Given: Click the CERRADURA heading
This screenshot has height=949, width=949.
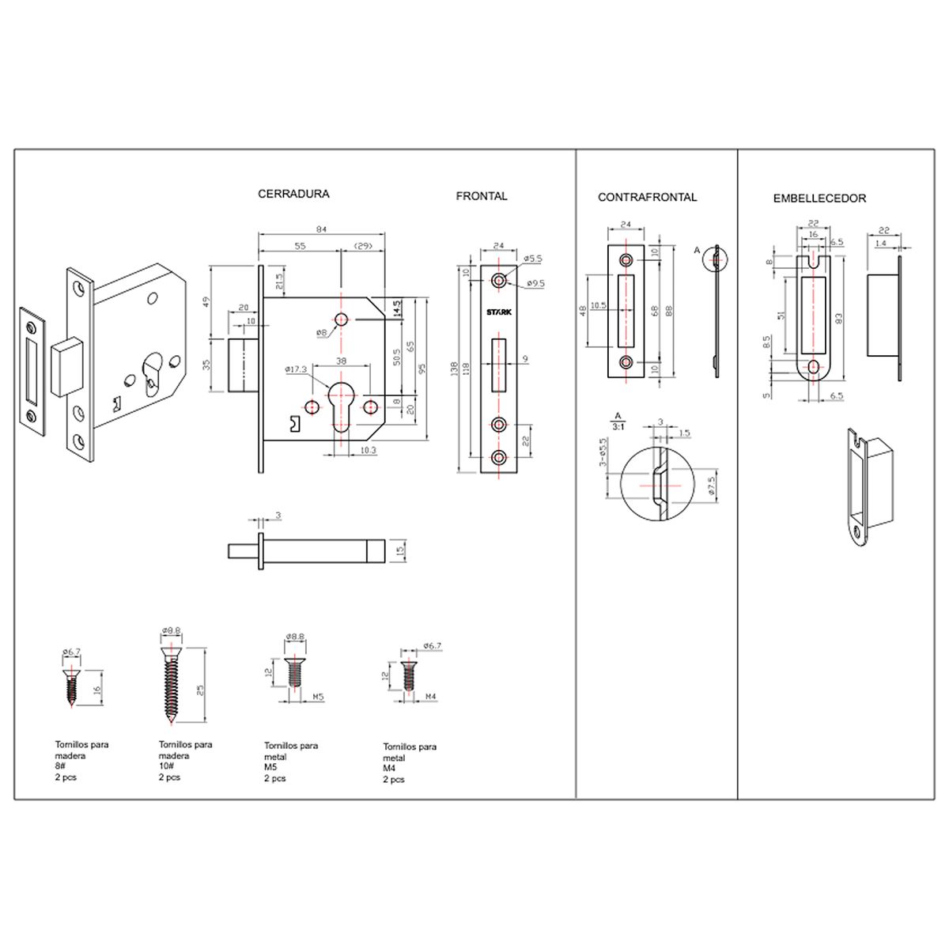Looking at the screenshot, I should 293,194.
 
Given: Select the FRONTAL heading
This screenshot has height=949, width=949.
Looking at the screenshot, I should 481,196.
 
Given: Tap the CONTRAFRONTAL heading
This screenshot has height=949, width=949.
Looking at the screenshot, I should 647,198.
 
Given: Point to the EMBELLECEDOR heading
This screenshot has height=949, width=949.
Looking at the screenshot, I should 819,198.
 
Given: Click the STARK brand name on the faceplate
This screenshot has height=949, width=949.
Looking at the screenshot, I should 499,312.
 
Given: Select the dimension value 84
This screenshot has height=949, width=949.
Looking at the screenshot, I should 322,229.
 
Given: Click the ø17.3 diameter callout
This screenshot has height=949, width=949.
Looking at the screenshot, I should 297,369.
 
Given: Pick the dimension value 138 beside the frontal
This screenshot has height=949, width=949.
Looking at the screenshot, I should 454,368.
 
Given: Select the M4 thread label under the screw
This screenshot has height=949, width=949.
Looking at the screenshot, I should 431,697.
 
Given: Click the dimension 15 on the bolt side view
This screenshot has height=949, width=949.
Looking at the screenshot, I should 400,550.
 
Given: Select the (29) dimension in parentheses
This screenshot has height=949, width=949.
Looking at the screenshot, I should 364,247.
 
